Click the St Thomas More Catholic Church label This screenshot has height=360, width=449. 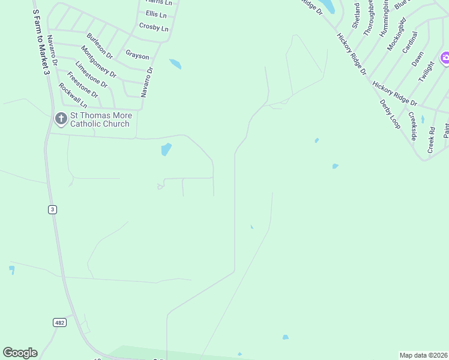[100, 119]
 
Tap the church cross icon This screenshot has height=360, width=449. [61, 119]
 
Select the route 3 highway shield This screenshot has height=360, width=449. [53, 209]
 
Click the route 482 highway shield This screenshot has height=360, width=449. [59, 323]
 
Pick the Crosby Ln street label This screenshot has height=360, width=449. [154, 27]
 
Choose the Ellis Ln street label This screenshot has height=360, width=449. [156, 14]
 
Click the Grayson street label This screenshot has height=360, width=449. [137, 56]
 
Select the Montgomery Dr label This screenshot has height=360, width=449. [98, 62]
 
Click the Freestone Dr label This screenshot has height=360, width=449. [82, 85]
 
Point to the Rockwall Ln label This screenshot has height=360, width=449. [73, 95]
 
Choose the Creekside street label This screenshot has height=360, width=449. [412, 124]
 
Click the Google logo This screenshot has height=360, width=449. [20, 353]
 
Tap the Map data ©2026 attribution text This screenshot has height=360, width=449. [423, 355]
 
